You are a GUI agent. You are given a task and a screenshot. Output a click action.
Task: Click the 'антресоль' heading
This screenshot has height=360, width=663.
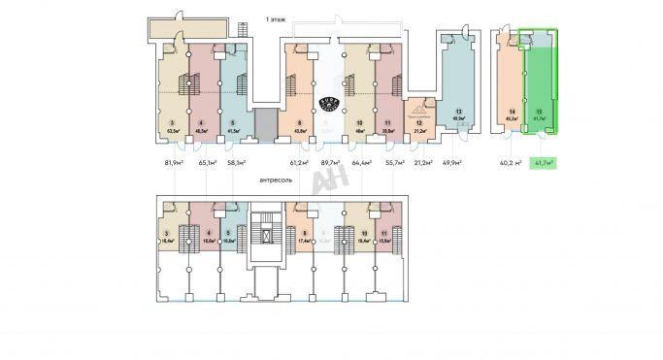click(280, 180)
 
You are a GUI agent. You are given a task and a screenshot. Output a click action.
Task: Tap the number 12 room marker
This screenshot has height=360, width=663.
click(419, 123)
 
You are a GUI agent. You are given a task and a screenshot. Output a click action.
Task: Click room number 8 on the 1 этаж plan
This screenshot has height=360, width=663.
click(300, 123)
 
